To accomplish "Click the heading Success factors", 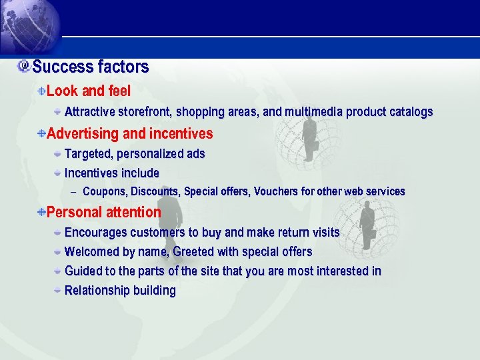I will (x=90, y=67).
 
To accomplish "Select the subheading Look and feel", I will (x=89, y=91).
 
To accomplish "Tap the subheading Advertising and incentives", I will (x=130, y=134).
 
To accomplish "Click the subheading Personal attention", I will (x=104, y=213).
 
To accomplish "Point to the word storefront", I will (x=145, y=112).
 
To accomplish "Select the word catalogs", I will (x=407, y=112).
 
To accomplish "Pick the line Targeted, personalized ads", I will (x=135, y=154).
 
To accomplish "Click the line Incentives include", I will (x=112, y=173).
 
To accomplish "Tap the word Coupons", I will (x=105, y=192).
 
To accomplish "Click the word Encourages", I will (x=96, y=233).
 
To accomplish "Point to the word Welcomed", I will (x=93, y=252).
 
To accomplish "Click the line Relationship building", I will (x=120, y=291).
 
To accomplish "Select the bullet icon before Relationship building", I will (x=59, y=290).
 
